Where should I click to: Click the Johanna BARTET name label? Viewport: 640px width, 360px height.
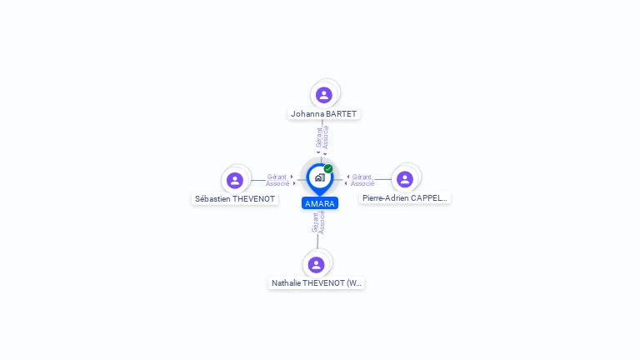pos(323,114)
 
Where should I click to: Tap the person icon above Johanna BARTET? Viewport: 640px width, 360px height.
pos(323,95)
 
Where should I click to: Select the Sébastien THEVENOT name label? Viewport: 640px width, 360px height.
pos(235,199)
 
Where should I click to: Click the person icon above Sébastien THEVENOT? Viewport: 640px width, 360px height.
pos(235,180)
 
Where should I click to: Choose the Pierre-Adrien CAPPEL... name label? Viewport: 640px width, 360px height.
pos(405,198)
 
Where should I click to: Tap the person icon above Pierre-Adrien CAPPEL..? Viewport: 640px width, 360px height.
pos(405,179)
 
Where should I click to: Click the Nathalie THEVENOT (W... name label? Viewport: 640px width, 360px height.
pos(317,282)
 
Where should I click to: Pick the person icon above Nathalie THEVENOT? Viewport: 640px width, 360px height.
pos(316,265)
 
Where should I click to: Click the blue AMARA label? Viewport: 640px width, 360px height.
pos(320,203)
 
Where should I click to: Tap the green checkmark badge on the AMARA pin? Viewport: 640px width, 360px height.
pos(328,168)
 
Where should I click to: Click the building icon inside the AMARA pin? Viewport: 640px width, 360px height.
pos(320,177)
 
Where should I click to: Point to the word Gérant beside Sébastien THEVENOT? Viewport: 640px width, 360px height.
pos(277,177)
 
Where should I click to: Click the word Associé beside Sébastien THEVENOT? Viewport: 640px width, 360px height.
pos(277,183)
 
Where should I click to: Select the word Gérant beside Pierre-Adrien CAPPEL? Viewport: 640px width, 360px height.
pos(362,177)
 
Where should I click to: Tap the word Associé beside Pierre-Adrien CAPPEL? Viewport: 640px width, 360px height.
pos(362,183)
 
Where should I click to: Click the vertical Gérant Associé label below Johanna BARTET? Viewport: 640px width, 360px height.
pos(322,137)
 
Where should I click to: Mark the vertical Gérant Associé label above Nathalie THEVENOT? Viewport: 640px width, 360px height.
pos(318,222)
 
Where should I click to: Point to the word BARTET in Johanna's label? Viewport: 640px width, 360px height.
pos(341,114)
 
